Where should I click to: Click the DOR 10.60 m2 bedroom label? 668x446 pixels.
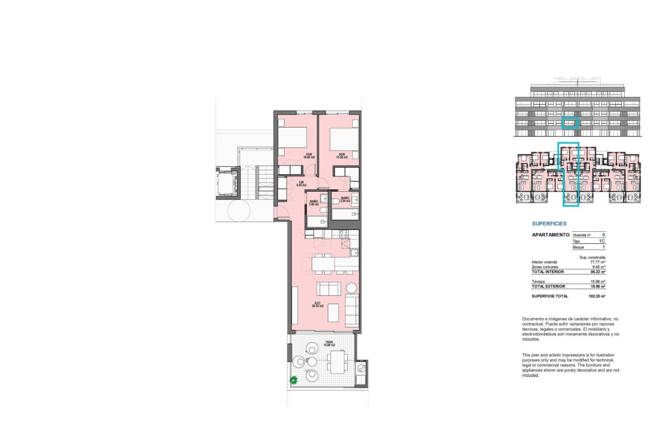click(309, 156)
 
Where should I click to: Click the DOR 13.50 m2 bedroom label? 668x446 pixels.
click(342, 156)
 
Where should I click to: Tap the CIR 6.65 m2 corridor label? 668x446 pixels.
click(301, 184)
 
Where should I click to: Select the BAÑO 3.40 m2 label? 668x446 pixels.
click(314, 203)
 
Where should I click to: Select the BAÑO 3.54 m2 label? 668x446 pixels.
click(345, 199)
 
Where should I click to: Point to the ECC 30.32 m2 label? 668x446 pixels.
click(317, 305)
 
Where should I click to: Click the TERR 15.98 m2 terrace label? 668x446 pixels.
click(329, 344)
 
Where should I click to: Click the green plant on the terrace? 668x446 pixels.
click(294, 380)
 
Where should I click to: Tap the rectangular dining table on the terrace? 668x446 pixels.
click(337, 362)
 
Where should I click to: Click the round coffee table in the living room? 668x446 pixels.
click(351, 288)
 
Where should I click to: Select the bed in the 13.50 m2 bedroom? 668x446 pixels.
click(344, 139)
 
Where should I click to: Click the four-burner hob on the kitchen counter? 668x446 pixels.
click(344, 234)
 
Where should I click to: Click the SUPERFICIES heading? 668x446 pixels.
click(549, 224)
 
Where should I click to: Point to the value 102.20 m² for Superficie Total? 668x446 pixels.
click(597, 296)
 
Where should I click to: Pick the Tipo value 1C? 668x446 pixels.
click(602, 241)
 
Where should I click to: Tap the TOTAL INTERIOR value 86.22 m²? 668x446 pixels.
click(598, 272)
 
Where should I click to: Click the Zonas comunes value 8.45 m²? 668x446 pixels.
click(598, 267)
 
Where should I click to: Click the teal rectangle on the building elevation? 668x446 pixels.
click(570, 123)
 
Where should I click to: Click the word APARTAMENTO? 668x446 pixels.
click(550, 235)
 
